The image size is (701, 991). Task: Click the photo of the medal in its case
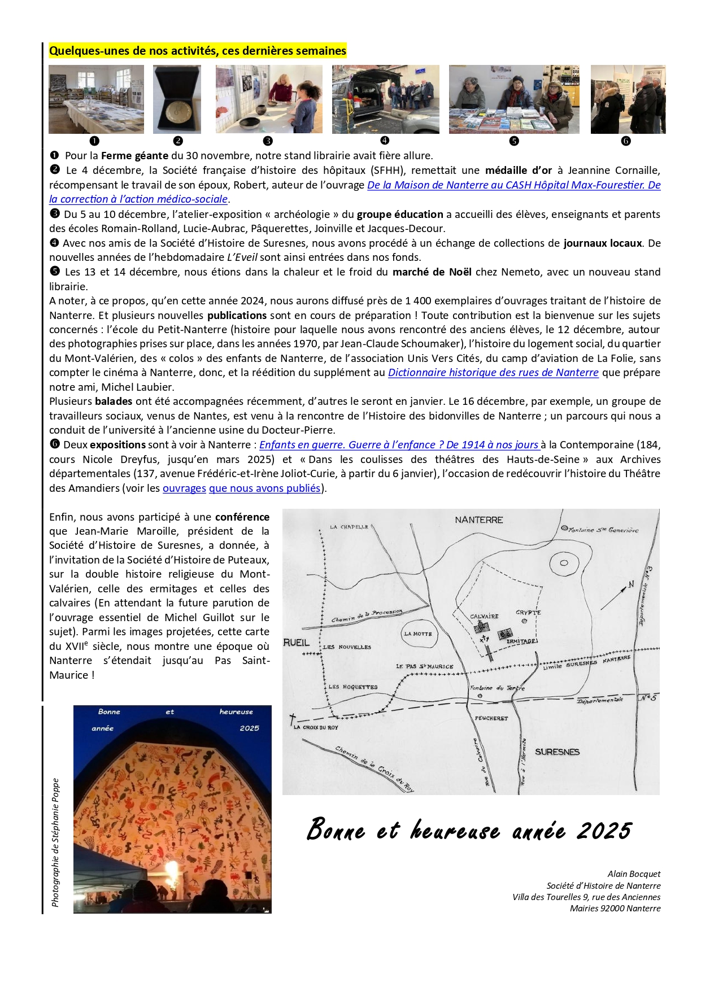177,99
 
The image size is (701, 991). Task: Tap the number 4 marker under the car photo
385,141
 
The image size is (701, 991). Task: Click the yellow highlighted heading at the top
197,51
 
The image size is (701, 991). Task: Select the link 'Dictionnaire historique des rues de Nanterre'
493,373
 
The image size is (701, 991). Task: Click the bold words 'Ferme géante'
134,156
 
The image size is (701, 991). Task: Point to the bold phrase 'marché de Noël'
432,272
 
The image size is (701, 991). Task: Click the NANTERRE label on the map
478,519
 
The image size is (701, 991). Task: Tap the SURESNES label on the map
557,752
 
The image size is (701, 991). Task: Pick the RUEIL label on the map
296,643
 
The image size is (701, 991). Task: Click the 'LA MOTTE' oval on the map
418,634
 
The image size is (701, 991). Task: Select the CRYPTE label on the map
528,613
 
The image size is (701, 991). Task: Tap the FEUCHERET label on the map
491,718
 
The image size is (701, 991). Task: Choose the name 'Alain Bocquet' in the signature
634,874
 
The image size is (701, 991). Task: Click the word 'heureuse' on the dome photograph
236,712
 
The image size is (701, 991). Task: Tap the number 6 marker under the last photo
626,141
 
